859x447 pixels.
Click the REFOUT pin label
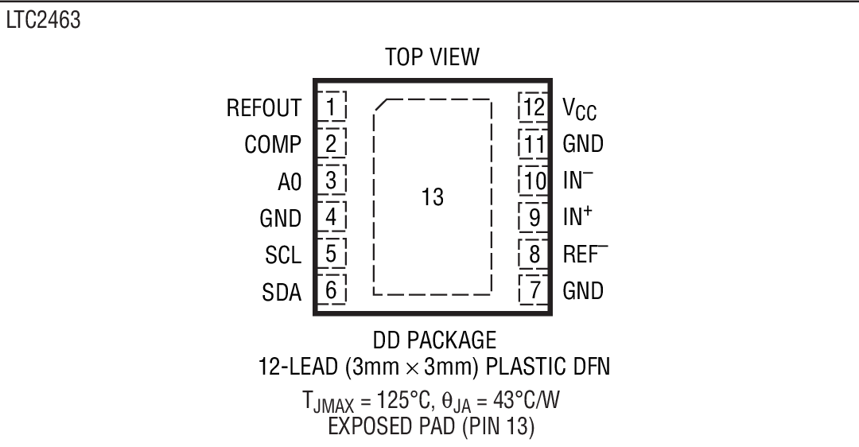tap(264, 108)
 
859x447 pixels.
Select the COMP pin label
tap(273, 145)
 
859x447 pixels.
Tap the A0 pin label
tap(290, 182)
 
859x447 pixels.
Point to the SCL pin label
tap(283, 255)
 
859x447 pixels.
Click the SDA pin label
tap(282, 292)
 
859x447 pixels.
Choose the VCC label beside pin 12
tap(580, 110)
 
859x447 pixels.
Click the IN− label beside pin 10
tap(578, 181)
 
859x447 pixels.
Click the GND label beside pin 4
tap(281, 219)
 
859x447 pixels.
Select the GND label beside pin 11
tap(583, 144)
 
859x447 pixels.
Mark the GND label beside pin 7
tap(583, 290)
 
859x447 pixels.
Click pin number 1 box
tap(332, 107)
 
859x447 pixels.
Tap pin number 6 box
tap(332, 290)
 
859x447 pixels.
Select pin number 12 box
tap(533, 107)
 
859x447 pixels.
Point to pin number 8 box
tap(534, 254)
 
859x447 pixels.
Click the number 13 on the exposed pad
tap(432, 197)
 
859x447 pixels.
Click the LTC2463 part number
tap(44, 21)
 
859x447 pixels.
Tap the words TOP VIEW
tap(432, 57)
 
